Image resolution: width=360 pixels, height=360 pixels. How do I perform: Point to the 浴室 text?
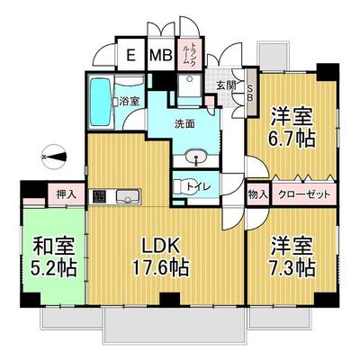click(129, 101)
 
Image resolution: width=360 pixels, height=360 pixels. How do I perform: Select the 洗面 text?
click(185, 124)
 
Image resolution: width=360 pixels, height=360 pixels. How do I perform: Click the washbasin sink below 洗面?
click(195, 159)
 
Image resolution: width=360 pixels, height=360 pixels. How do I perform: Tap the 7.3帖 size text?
click(290, 266)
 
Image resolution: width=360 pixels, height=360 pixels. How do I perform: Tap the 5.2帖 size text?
click(50, 267)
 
